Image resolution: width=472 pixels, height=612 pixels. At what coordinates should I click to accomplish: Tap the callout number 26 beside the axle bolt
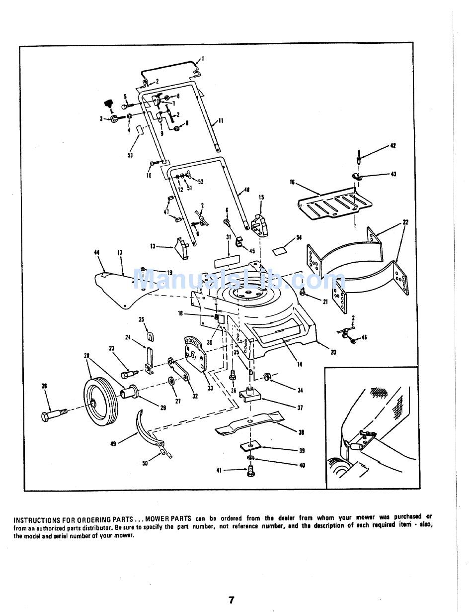[44, 386]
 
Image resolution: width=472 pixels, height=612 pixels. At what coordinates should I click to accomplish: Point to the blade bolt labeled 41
[250, 471]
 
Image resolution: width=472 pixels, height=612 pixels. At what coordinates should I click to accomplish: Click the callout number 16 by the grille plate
[292, 183]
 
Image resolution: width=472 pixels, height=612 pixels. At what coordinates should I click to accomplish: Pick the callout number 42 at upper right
[393, 146]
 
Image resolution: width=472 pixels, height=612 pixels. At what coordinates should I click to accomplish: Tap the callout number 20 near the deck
[333, 352]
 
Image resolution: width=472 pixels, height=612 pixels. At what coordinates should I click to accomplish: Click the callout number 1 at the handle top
[203, 59]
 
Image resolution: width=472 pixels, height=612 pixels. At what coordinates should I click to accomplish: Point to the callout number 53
[130, 156]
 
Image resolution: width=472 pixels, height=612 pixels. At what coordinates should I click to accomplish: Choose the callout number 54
[299, 237]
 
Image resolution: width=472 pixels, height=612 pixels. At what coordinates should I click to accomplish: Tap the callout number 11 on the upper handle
[221, 121]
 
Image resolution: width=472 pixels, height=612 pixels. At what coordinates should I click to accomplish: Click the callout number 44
[96, 253]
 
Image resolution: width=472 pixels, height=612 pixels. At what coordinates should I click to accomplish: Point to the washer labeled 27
[171, 382]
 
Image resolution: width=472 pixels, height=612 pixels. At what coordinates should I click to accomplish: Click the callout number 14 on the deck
[300, 364]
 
